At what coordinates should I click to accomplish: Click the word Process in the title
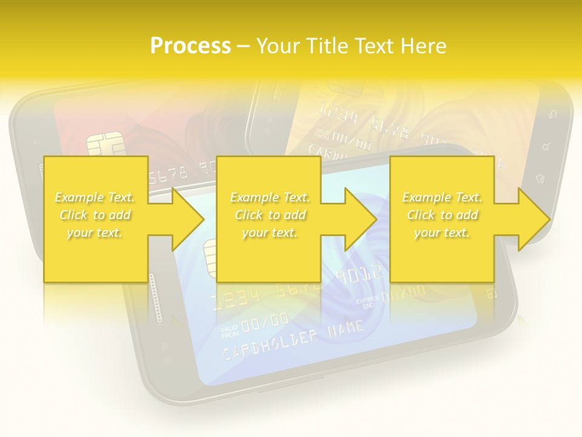click(190, 46)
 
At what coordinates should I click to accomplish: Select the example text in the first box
click(95, 215)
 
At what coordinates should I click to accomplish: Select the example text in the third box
click(442, 215)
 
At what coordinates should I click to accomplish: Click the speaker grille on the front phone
click(159, 297)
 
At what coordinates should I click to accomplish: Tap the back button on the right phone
click(552, 116)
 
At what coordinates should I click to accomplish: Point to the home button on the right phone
click(541, 178)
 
